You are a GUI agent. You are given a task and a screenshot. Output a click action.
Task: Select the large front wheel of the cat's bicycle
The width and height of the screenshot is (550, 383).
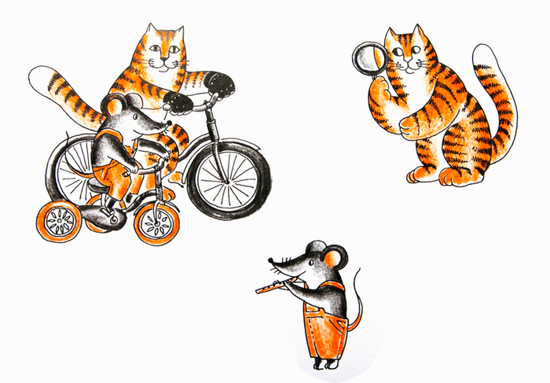tap(228, 178)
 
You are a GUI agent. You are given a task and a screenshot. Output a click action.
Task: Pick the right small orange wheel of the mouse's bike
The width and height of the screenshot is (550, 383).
tap(157, 223)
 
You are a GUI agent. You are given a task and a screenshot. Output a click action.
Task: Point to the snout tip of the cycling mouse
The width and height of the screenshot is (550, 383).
tap(167, 123)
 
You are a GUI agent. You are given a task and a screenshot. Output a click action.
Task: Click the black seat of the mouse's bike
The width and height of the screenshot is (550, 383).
tap(96, 184)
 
